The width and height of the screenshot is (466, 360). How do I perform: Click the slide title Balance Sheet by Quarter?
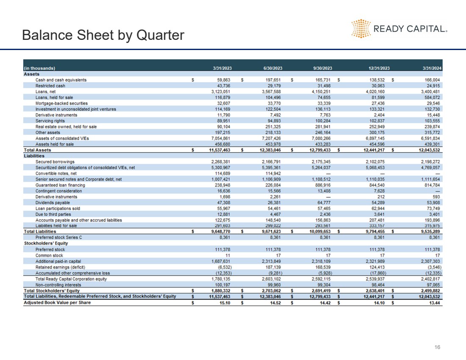click(x=103, y=35)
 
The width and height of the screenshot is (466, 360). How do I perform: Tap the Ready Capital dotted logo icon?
click(x=361, y=28)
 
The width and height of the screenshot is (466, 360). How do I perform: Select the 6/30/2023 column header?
click(x=273, y=68)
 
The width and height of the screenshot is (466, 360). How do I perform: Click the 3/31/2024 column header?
click(x=430, y=68)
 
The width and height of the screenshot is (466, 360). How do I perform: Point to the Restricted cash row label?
click(x=50, y=86)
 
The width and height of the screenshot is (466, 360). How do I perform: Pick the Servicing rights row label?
click(x=50, y=121)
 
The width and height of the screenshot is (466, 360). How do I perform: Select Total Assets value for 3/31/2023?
click(x=218, y=150)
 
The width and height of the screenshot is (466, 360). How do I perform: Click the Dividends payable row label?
click(x=53, y=203)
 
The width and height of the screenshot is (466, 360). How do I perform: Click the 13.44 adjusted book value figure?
click(x=433, y=302)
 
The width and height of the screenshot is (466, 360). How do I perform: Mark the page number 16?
click(x=438, y=347)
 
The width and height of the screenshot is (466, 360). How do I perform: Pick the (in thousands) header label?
click(x=39, y=68)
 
